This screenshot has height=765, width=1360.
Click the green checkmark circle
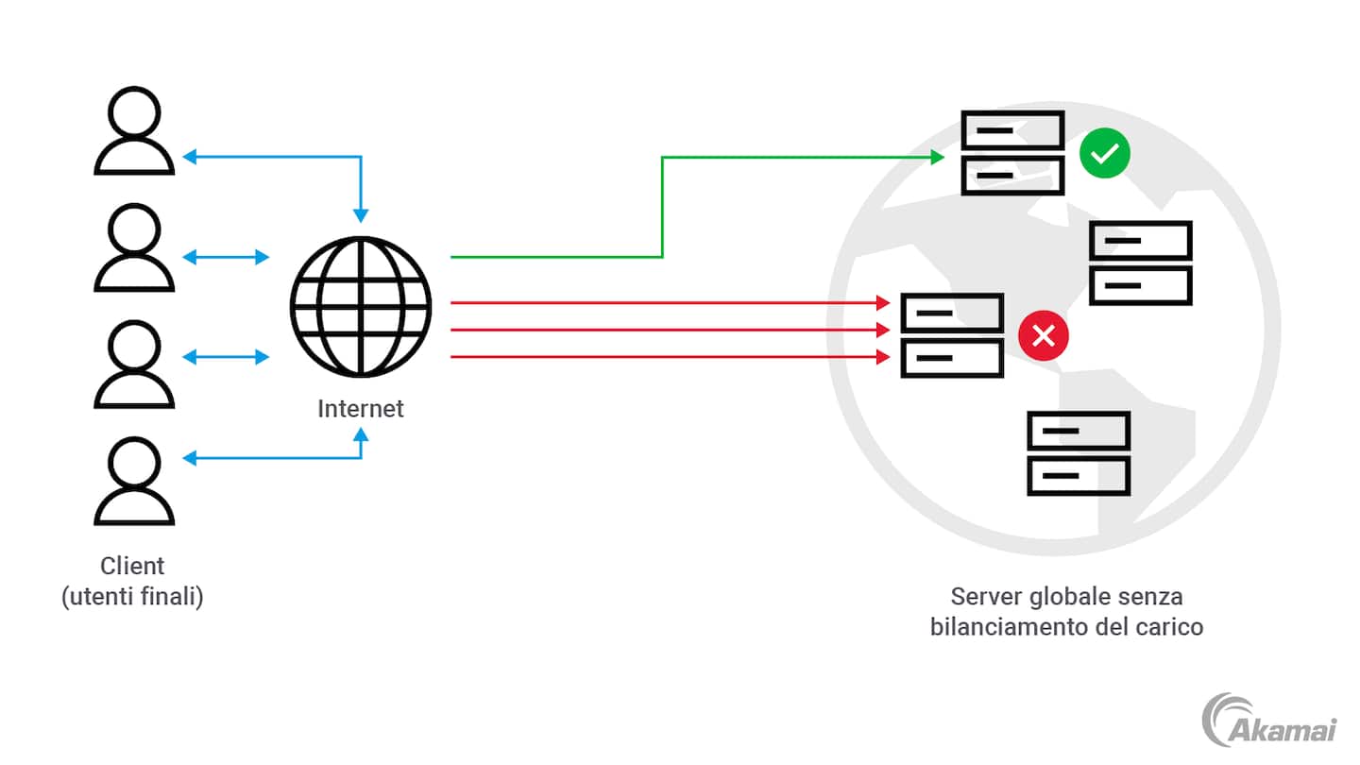(1105, 154)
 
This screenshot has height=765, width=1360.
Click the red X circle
(1043, 335)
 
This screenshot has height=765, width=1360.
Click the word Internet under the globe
(360, 409)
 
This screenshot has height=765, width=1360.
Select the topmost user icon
(134, 132)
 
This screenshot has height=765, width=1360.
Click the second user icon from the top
(134, 248)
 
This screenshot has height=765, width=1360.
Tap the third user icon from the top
(134, 365)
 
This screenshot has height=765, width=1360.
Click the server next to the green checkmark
(1012, 153)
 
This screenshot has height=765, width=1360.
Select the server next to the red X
(952, 335)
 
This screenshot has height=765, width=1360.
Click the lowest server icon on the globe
(1079, 453)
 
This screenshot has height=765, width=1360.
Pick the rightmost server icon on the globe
(1141, 263)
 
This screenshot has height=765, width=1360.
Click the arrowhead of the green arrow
(938, 157)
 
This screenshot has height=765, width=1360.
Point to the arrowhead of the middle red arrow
(884, 330)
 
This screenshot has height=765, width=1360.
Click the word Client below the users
(132, 566)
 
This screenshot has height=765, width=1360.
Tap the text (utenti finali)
(132, 598)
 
